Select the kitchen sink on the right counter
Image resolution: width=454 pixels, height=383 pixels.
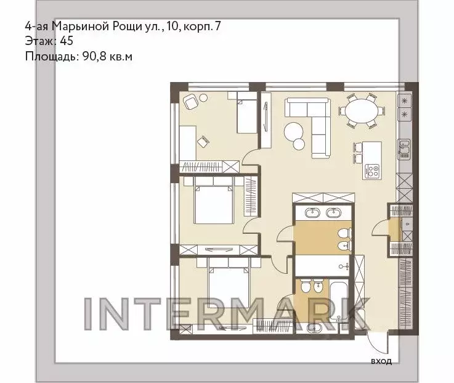pyautogui.click(x=404, y=146)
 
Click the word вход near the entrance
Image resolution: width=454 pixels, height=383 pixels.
pyautogui.click(x=381, y=361)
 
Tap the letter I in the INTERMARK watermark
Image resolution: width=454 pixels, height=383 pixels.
pyautogui.click(x=88, y=314)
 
